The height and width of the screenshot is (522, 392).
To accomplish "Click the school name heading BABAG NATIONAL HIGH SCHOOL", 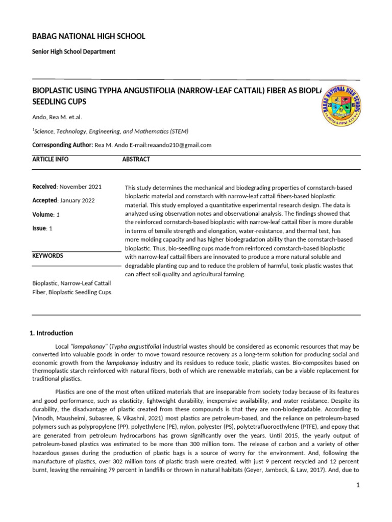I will (x=89, y=36).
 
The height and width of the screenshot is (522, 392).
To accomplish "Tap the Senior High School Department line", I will (x=73, y=51).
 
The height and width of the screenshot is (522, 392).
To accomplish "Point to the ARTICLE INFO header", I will (x=50, y=160).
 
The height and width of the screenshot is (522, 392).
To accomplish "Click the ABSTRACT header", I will (x=136, y=160).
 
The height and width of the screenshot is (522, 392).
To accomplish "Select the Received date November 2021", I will (x=84, y=187).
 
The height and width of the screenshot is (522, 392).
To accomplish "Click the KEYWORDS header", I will (x=47, y=256).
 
